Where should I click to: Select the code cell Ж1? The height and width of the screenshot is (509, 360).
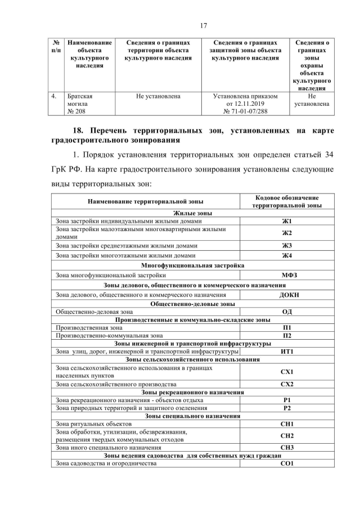coord(287,221)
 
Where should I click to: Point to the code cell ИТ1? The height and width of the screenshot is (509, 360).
coord(287,352)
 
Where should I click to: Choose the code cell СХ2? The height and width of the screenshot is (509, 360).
coord(287,384)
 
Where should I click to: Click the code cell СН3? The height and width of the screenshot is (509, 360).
coord(287,448)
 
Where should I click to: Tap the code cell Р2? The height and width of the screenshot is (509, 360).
coord(287,408)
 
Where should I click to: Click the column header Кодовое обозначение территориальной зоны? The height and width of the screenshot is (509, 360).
coord(287,202)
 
